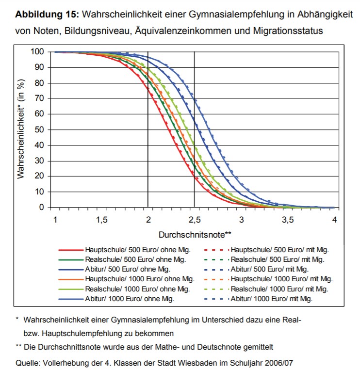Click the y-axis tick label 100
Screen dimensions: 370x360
(37, 51)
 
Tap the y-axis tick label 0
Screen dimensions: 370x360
(42, 208)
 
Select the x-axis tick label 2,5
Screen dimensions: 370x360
(194, 220)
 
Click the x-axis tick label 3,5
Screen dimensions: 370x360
(288, 220)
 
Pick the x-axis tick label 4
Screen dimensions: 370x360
(334, 220)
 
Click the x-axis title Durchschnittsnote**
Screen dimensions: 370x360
(195, 235)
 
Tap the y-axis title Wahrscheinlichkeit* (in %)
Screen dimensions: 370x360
(21, 129)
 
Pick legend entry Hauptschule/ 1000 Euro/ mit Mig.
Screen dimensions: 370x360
(282, 279)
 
